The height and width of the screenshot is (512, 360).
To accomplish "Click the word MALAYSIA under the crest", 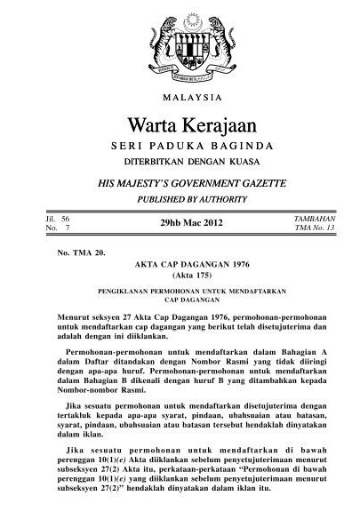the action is click(x=180, y=92).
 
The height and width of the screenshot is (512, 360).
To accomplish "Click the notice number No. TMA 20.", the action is click(x=80, y=253).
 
